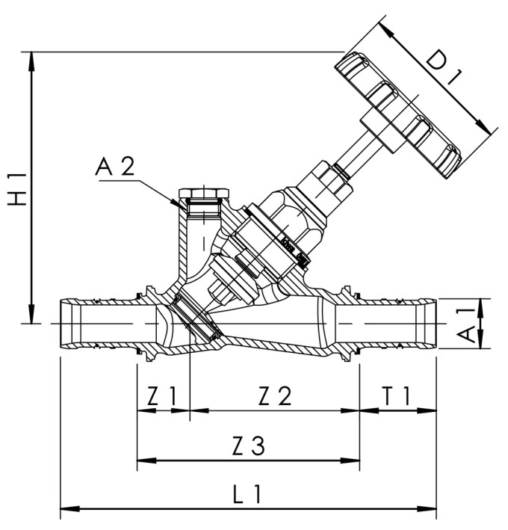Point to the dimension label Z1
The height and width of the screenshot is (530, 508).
click(163, 397)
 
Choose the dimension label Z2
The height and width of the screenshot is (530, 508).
click(275, 397)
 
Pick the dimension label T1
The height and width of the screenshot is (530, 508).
click(397, 397)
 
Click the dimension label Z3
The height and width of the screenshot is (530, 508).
click(247, 446)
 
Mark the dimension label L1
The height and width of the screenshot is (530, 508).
click(247, 495)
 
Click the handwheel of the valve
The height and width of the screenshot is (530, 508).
click(400, 112)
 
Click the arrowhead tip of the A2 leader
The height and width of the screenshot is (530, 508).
click(178, 204)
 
